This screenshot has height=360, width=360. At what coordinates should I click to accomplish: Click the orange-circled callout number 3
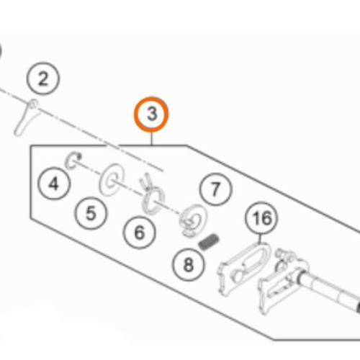(x=151, y=114)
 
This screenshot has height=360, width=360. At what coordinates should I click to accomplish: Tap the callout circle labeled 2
(x=42, y=78)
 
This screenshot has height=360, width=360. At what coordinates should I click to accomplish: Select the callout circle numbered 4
(x=54, y=184)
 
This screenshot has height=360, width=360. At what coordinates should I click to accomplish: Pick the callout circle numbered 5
(x=91, y=213)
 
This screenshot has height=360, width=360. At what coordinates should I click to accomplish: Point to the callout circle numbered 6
(x=139, y=233)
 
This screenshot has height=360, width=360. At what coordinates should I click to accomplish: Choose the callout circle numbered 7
(x=215, y=189)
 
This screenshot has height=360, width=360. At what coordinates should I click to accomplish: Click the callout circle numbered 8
(x=189, y=264)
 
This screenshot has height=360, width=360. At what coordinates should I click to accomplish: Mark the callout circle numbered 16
(x=261, y=218)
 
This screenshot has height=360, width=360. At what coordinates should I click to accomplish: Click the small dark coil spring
(x=209, y=242)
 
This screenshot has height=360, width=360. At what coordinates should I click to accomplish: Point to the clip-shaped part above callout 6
(x=152, y=194)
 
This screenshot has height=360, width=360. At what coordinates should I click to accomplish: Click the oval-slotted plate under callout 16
(x=243, y=268)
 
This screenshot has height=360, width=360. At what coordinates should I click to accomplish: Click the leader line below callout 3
(x=151, y=139)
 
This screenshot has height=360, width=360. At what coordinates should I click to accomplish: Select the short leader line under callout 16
(x=260, y=239)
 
